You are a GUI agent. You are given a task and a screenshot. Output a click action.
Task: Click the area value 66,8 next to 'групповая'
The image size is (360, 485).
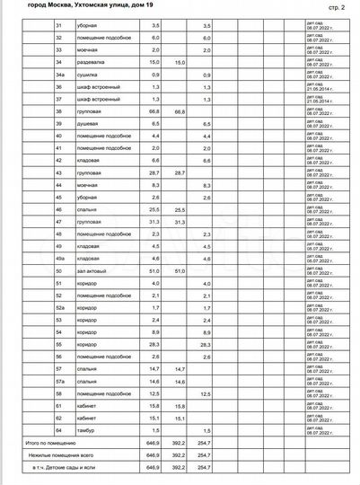(x=156, y=110)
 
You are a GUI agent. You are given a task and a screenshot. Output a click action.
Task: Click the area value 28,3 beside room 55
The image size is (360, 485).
(x=156, y=344)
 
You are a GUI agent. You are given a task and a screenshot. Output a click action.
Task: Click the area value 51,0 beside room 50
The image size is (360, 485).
(x=156, y=269)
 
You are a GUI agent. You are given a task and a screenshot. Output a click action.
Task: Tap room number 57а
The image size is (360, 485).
(x=60, y=381)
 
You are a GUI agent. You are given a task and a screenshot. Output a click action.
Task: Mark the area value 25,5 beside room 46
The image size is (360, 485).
(x=156, y=208)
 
